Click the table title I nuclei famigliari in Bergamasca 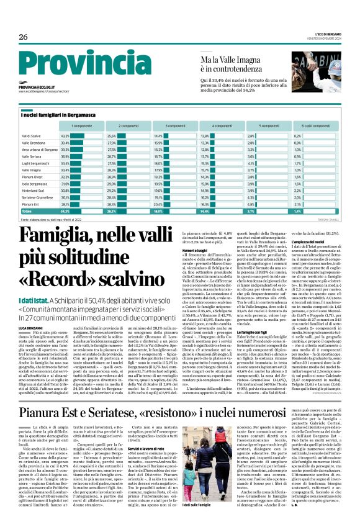point(60,115)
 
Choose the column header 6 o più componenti point(315,126)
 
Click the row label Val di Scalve point(31,135)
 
